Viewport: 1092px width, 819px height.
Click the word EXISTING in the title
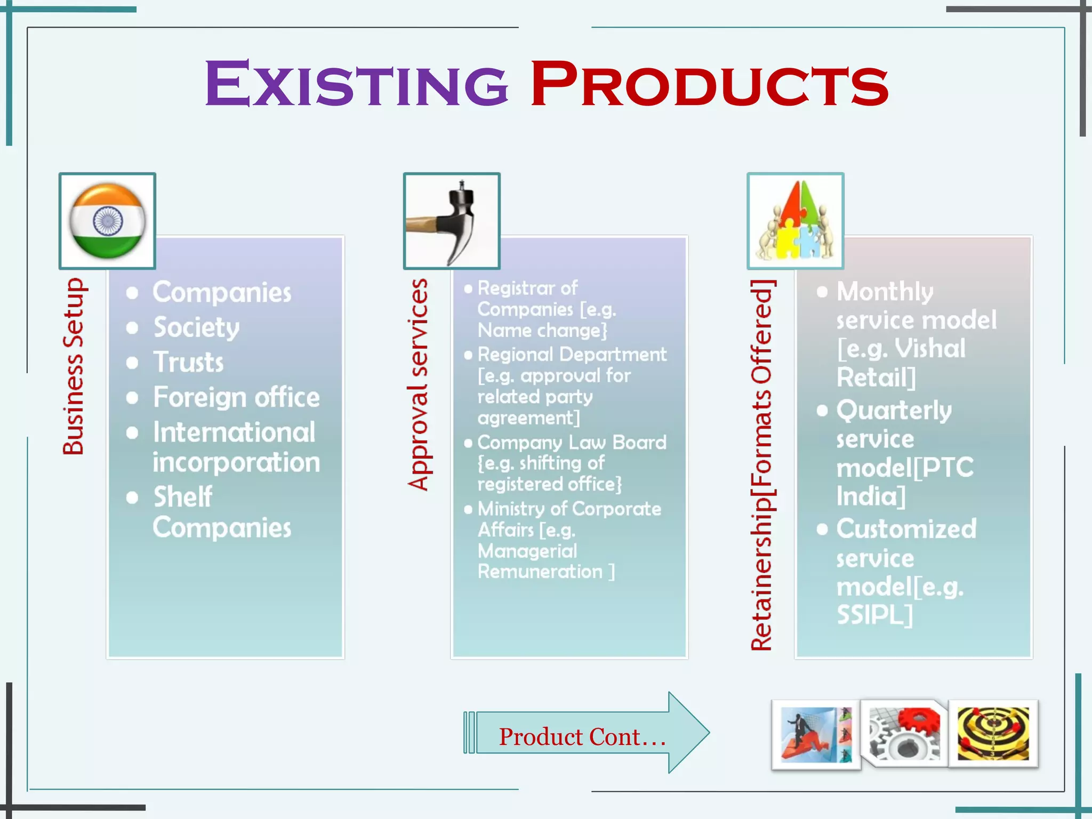pyautogui.click(x=356, y=84)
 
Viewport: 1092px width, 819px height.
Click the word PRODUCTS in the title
pyautogui.click(x=709, y=84)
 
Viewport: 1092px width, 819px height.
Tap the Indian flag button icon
pyautogui.click(x=107, y=221)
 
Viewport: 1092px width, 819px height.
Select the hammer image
pyautogui.click(x=452, y=221)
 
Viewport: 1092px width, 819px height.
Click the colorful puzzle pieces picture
pyautogui.click(x=795, y=221)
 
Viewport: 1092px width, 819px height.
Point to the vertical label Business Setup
pyautogui.click(x=74, y=366)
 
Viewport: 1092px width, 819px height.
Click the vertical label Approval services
pyautogui.click(x=418, y=384)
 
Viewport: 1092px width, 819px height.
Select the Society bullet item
pyautogui.click(x=196, y=327)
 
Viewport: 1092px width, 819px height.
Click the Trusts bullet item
pyautogui.click(x=189, y=362)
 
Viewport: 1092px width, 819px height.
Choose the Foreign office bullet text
pyautogui.click(x=236, y=397)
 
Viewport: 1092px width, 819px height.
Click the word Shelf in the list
pyautogui.click(x=183, y=497)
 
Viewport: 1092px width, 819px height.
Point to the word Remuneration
pyautogui.click(x=540, y=572)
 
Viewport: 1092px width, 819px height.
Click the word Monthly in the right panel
pyautogui.click(x=885, y=292)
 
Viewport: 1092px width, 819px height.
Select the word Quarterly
pyautogui.click(x=894, y=411)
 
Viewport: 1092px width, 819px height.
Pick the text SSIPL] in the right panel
pyautogui.click(x=874, y=615)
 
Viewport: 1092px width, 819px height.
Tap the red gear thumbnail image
pyautogui.click(x=904, y=733)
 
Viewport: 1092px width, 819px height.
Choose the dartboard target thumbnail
pyautogui.click(x=993, y=733)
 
